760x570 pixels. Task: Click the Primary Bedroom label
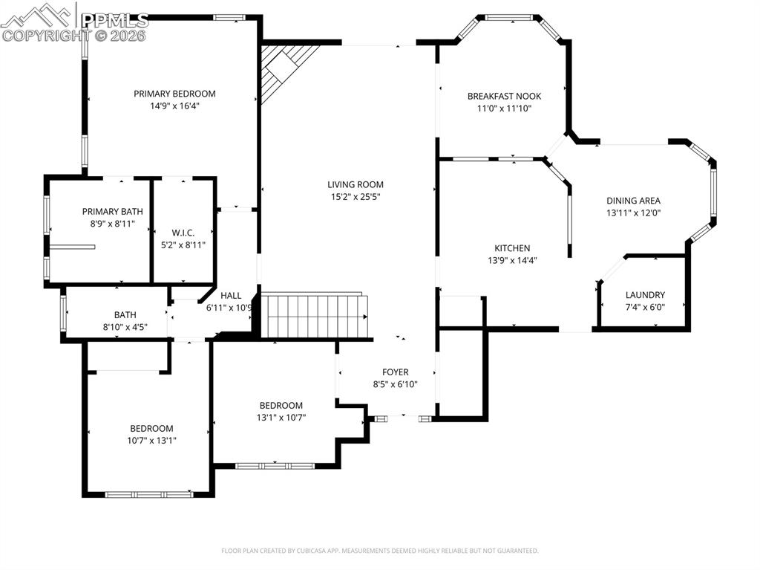[174, 94]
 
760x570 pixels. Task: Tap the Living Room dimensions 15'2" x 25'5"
[357, 197]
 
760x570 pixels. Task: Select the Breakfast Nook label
[504, 96]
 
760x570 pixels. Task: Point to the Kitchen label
[512, 248]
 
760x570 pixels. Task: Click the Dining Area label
[633, 200]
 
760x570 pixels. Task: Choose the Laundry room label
[645, 295]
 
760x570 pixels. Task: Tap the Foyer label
[395, 372]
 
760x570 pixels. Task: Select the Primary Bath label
[112, 211]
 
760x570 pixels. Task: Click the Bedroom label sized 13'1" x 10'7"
[281, 405]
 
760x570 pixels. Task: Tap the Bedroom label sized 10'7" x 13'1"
[151, 428]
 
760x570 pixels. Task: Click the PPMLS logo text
[114, 20]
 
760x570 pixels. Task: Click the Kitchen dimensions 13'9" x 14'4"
[512, 260]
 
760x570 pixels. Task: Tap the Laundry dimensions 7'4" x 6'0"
[645, 307]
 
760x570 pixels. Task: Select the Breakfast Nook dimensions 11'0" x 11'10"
[504, 108]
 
